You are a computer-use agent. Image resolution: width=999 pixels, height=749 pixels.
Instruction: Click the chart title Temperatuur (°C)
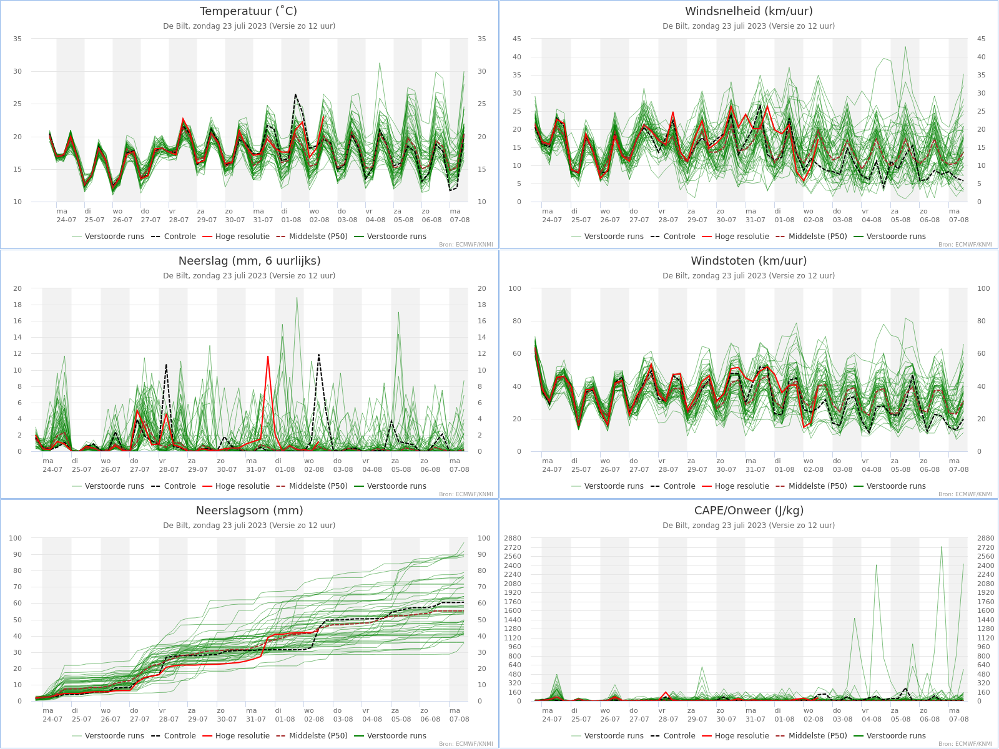click(249, 11)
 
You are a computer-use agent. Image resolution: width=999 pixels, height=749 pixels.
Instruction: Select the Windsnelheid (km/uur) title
click(749, 11)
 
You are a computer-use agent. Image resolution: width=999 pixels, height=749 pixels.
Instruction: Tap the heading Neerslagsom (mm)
click(249, 511)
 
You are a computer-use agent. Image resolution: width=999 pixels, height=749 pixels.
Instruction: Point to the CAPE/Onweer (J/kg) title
click(749, 511)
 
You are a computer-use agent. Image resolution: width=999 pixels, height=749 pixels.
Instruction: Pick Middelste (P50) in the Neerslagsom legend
click(312, 736)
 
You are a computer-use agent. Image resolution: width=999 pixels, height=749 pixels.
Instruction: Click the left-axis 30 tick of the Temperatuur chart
click(17, 71)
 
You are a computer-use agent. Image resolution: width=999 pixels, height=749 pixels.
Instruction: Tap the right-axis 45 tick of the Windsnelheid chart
click(981, 39)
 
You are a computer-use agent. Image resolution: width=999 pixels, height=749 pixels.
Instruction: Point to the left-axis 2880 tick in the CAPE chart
click(512, 538)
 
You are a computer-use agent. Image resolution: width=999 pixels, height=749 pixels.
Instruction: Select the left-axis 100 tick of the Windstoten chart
click(514, 288)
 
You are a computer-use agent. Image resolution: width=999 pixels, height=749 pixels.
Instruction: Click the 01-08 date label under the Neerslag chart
click(285, 469)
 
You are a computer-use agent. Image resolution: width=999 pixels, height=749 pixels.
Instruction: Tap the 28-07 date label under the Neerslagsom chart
click(169, 719)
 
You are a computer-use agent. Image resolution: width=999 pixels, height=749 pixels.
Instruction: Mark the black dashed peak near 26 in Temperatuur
click(295, 95)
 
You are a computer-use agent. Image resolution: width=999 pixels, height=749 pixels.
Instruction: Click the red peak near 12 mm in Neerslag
click(268, 356)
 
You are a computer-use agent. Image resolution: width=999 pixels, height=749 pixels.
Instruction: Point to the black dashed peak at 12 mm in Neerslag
click(318, 355)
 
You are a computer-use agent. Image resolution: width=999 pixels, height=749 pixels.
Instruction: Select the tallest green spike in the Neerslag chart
click(297, 298)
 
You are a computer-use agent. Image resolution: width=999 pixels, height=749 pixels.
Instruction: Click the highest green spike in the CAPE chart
click(942, 547)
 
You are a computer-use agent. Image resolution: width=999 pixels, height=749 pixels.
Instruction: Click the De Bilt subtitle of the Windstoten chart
click(749, 276)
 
